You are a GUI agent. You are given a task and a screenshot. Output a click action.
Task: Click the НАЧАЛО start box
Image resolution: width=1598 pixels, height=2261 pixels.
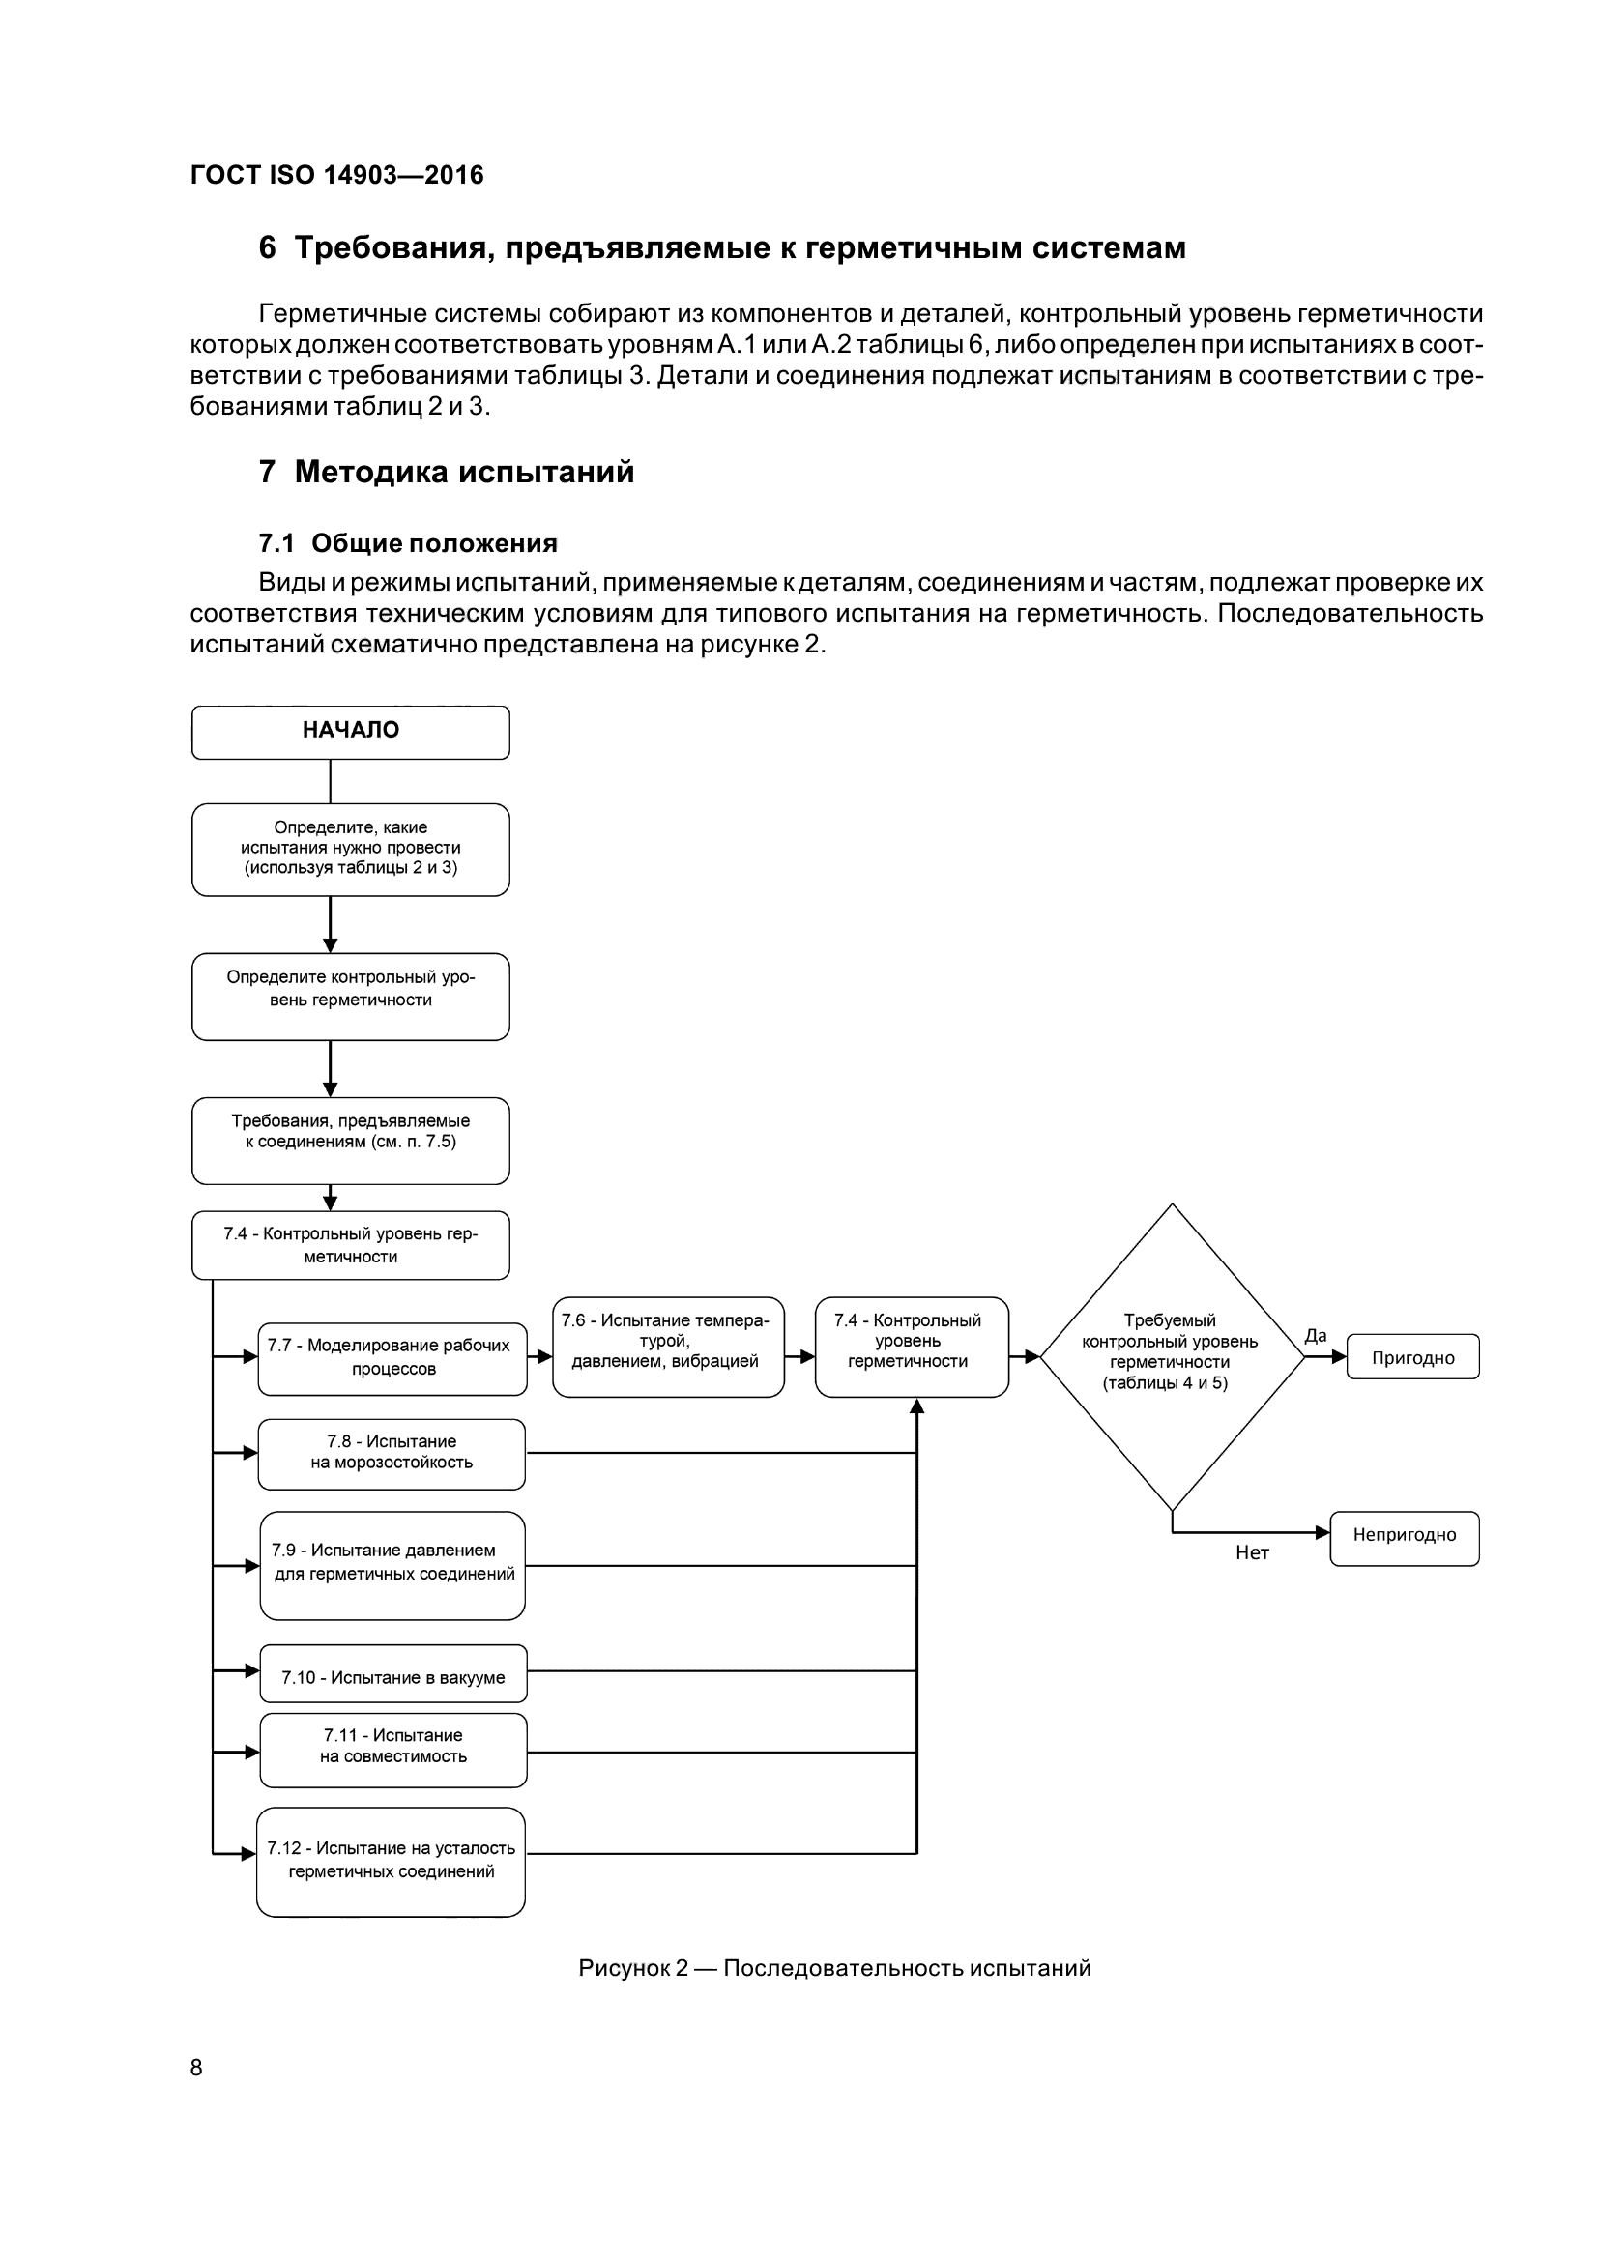(351, 732)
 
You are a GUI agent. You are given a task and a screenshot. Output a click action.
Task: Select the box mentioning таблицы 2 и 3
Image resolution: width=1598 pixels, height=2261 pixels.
(351, 849)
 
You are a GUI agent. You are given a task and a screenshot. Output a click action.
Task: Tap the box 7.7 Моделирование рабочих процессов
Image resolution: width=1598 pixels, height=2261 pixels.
(392, 1358)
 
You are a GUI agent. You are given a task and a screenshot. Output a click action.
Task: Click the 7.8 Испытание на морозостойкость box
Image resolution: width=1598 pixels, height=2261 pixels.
(392, 1453)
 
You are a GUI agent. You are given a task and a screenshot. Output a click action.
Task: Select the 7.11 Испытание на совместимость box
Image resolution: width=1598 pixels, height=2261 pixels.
(392, 1750)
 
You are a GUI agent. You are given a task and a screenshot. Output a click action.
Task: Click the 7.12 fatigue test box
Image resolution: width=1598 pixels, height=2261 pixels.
(391, 1860)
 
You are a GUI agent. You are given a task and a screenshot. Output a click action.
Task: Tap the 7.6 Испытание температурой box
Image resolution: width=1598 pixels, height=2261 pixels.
(668, 1347)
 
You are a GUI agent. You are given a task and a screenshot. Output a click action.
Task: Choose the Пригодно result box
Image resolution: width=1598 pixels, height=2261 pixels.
(1412, 1357)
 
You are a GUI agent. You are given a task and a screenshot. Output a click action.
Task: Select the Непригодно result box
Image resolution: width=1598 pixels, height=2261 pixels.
(1403, 1538)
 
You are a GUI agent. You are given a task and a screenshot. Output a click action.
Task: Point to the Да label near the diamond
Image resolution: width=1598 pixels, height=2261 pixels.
(1316, 1336)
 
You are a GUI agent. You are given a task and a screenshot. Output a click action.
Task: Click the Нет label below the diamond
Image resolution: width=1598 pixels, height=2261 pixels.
(1251, 1553)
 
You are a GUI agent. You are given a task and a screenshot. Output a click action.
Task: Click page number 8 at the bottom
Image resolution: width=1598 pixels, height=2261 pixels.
(196, 2067)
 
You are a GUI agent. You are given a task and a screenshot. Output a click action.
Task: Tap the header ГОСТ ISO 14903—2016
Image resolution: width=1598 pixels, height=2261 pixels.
(336, 175)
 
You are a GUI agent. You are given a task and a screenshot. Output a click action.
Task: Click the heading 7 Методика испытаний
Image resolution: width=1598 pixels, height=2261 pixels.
(446, 472)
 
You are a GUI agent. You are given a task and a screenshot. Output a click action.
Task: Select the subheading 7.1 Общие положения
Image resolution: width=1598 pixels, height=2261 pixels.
(408, 543)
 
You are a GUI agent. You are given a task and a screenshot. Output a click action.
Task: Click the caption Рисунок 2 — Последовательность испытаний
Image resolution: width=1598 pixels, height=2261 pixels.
(834, 1967)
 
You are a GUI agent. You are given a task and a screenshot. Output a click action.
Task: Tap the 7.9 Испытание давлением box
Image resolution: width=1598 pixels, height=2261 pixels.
(392, 1565)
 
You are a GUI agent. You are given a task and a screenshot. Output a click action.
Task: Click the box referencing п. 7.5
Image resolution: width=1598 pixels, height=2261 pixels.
(351, 1141)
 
